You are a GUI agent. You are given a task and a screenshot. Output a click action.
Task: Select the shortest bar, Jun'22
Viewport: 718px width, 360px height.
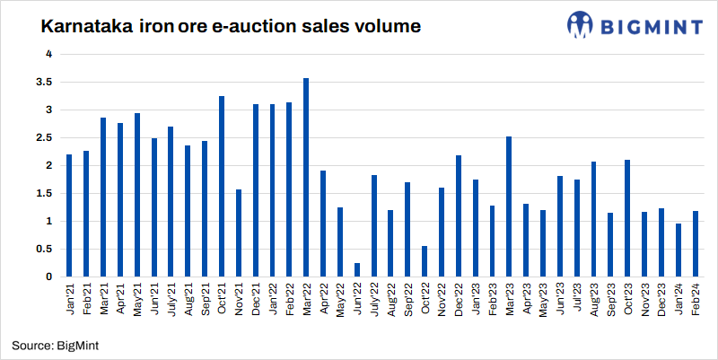(357, 269)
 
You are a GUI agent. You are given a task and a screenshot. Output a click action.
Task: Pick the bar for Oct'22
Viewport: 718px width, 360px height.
(425, 261)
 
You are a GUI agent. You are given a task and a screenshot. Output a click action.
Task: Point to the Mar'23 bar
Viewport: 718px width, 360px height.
(509, 206)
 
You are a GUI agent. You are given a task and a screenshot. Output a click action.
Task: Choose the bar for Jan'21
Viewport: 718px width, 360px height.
(69, 215)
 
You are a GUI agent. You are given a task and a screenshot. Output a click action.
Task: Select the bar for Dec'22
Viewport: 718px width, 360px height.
(459, 216)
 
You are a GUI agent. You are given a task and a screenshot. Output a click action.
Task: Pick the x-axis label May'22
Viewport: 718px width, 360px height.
(340, 298)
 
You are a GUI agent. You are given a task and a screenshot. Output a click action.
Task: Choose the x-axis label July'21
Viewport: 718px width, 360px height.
(171, 298)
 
